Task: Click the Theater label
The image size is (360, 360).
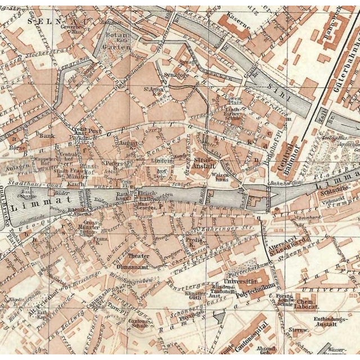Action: (x=138, y=255)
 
